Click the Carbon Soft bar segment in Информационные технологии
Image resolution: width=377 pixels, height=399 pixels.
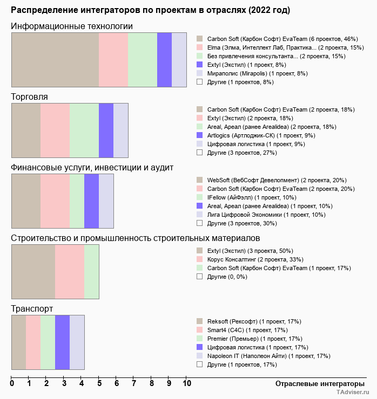(x=55, y=60)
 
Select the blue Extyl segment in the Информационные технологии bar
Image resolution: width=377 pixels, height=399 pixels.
(x=164, y=60)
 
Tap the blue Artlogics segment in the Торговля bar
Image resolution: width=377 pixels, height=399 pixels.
(x=106, y=130)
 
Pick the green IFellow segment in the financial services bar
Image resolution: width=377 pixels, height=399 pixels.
(x=77, y=201)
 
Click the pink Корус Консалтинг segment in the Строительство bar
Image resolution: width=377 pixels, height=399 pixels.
(x=70, y=272)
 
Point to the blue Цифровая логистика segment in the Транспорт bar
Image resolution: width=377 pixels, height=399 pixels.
(x=63, y=342)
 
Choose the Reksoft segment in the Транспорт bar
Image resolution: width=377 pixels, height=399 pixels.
(x=19, y=342)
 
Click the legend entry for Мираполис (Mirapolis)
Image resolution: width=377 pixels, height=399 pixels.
(x=258, y=73)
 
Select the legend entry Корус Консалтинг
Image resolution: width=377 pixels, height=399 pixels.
(x=255, y=259)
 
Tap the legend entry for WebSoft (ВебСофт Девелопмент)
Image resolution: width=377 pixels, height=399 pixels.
(x=277, y=180)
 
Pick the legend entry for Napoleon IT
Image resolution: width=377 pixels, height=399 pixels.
(x=268, y=356)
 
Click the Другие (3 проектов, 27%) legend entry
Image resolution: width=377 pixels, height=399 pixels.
(x=242, y=153)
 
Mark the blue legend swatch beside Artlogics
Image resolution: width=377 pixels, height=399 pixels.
(x=200, y=135)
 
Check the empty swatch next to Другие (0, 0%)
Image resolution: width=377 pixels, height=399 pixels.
(x=200, y=277)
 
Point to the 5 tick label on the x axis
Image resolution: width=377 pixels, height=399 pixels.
(x=99, y=383)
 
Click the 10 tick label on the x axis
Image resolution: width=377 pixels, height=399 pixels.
(x=186, y=383)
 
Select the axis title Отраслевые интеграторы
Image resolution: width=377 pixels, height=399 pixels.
(x=320, y=384)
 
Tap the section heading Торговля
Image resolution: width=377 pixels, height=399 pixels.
(x=29, y=97)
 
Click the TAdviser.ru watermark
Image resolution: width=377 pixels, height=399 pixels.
(x=353, y=392)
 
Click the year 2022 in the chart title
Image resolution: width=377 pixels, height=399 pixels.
(x=259, y=10)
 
